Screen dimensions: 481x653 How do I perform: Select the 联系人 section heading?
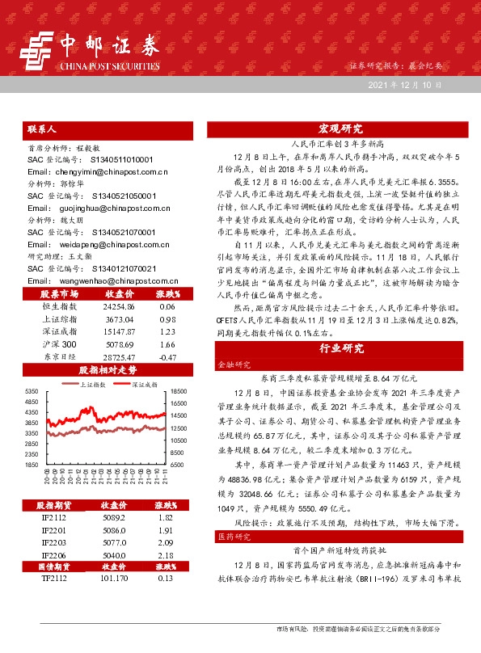42,128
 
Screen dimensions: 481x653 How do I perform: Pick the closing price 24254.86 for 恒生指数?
108,308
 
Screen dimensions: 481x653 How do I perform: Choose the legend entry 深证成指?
146,385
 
